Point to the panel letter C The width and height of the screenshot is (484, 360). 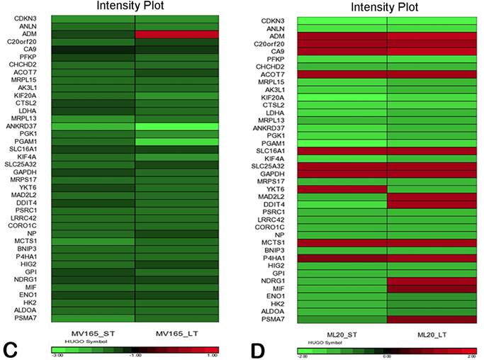pos(10,348)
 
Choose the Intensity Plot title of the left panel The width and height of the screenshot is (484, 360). pos(135,7)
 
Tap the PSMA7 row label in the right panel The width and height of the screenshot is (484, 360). pos(281,320)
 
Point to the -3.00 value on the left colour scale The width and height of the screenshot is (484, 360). pos(60,358)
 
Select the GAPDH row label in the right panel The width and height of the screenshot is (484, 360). pos(281,173)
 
